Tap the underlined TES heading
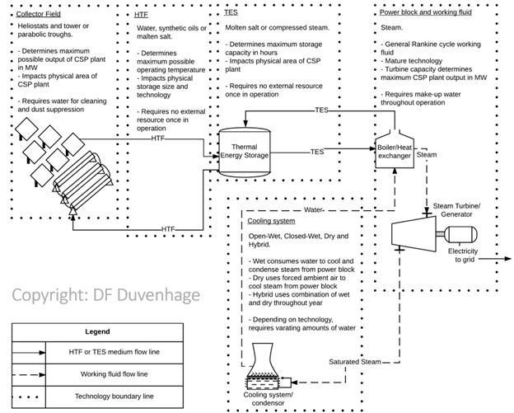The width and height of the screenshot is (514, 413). click(x=231, y=13)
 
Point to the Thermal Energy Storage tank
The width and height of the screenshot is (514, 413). click(x=245, y=151)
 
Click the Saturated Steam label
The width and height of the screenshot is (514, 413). click(x=355, y=362)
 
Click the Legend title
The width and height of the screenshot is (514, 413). click(x=96, y=331)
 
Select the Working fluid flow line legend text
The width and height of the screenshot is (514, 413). click(x=119, y=374)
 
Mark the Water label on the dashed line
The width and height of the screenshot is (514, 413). click(x=314, y=209)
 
